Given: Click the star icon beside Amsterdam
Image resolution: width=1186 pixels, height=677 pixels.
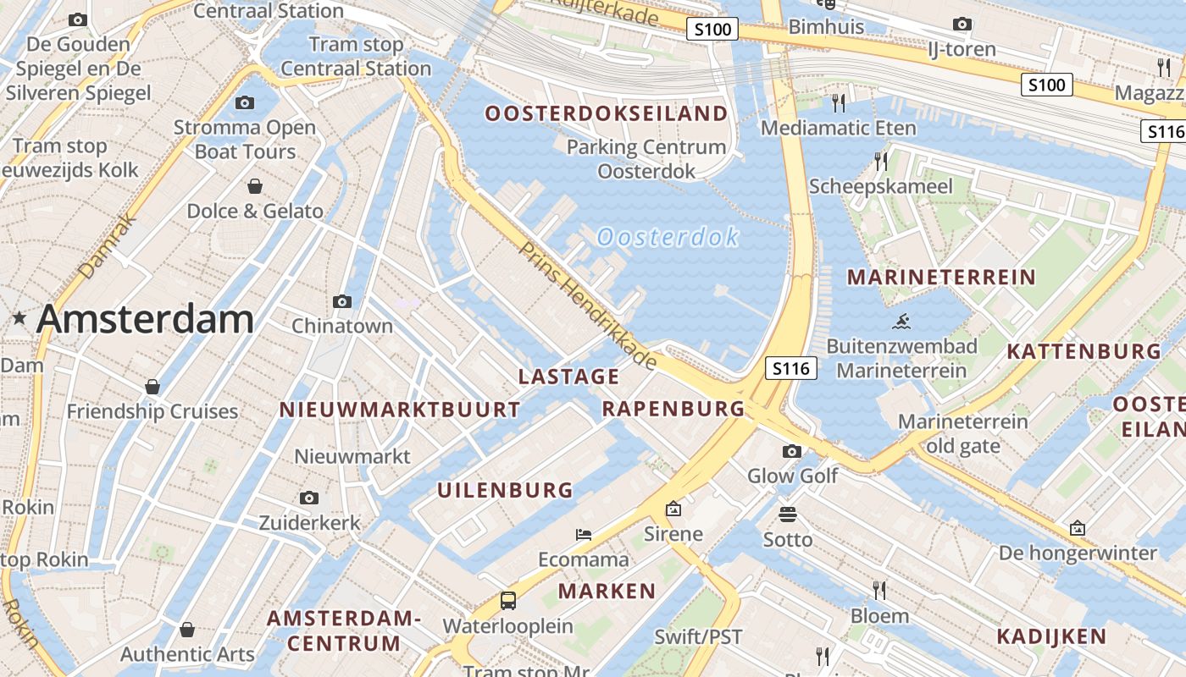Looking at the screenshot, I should tap(19, 318).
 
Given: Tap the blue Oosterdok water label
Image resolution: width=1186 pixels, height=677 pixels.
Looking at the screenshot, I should tap(668, 237).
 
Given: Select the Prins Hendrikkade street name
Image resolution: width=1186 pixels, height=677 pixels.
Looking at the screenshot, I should tap(588, 305).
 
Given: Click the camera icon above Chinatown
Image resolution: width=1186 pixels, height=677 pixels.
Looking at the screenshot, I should tap(342, 301).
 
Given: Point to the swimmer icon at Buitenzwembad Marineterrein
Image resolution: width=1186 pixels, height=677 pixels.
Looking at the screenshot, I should tap(901, 322).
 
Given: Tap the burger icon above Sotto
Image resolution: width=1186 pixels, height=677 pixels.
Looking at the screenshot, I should tap(788, 515).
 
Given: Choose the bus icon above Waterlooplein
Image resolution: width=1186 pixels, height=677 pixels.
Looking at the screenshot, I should tap(507, 601).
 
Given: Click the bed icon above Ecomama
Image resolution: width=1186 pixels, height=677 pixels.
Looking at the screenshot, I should tap(584, 534).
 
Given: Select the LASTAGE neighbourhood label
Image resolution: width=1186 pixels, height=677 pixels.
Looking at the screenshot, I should tap(568, 377).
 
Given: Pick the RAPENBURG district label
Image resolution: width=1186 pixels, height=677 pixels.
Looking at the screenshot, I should tap(673, 409).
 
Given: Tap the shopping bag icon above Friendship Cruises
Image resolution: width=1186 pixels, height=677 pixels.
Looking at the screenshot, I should tap(152, 387).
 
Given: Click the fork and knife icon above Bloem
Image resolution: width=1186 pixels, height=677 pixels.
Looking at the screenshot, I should tap(879, 590).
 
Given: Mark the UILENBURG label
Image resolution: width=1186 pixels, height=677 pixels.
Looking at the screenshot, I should tap(505, 490).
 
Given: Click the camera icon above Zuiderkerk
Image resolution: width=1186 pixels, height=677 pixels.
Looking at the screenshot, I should tap(309, 498).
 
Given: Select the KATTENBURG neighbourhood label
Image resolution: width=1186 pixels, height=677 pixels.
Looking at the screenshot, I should tap(1083, 351).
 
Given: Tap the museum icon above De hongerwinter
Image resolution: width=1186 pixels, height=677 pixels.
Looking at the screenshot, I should tap(1078, 528).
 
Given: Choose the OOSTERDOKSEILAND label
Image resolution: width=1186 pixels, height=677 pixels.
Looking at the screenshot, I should tap(606, 113).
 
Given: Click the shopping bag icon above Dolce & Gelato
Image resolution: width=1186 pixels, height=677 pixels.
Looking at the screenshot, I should tap(254, 186).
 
